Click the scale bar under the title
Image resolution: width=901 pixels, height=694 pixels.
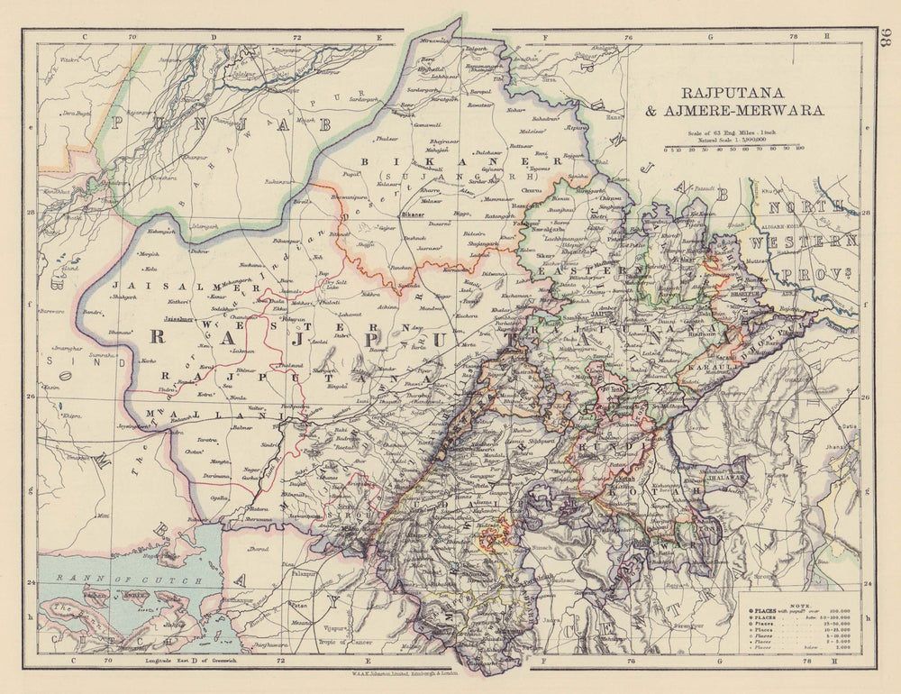(733, 146)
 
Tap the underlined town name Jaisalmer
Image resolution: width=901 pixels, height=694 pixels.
(178, 318)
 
